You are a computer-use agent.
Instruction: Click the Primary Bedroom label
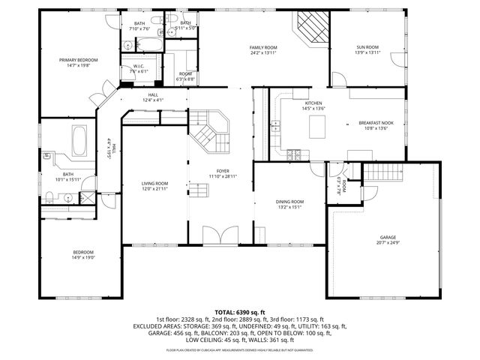pyautogui.click(x=79, y=60)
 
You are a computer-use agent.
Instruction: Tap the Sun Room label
pyautogui.click(x=367, y=47)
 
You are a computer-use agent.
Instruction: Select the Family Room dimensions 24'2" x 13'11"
pyautogui.click(x=263, y=53)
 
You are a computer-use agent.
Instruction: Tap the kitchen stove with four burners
pyautogui.click(x=293, y=154)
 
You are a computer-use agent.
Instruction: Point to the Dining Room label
pyautogui.click(x=289, y=201)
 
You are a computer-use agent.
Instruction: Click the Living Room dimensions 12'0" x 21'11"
pyautogui.click(x=155, y=189)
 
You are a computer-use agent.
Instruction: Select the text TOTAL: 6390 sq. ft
pyautogui.click(x=239, y=311)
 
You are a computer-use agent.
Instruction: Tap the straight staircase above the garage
pyautogui.click(x=384, y=174)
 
